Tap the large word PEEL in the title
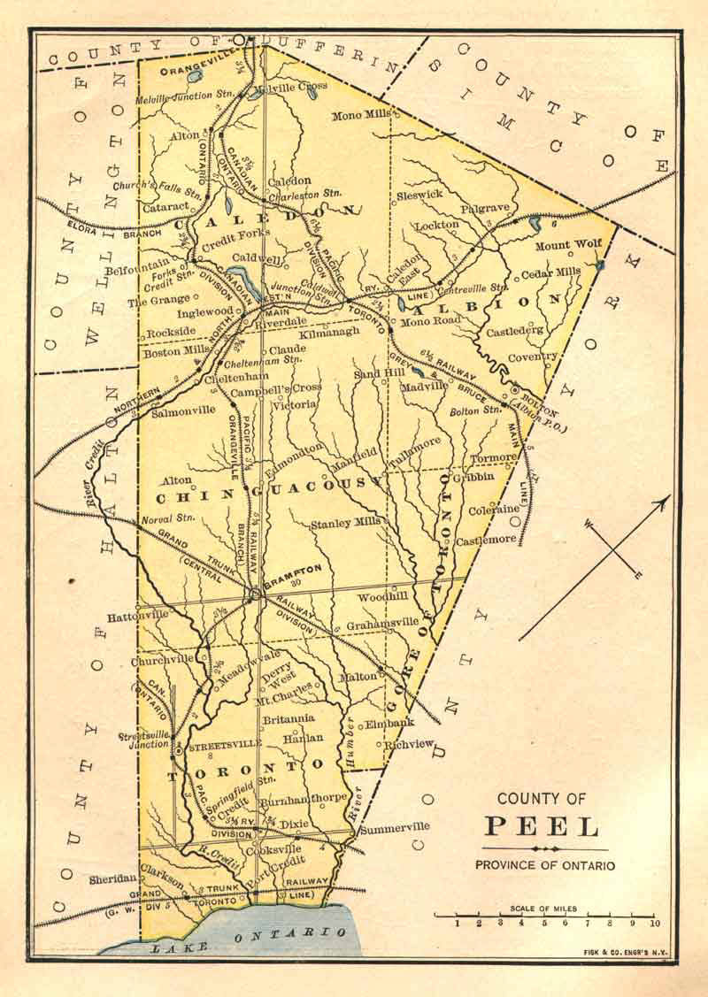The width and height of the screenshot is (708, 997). tap(542, 827)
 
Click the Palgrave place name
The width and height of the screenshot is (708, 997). tap(485, 209)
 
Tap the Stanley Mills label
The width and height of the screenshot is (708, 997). tap(345, 524)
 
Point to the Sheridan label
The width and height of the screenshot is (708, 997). tap(113, 879)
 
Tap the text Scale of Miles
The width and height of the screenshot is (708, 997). tap(543, 908)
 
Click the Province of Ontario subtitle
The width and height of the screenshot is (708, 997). tap(544, 865)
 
